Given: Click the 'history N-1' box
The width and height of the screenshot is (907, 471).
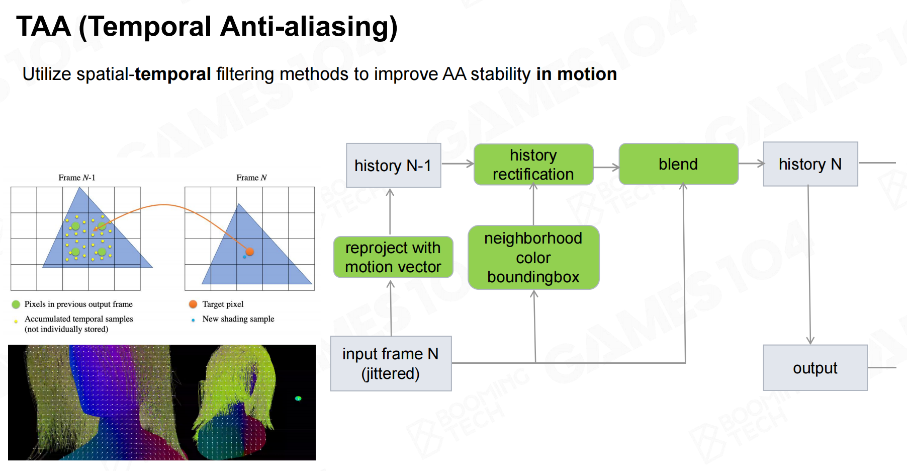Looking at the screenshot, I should click(393, 166).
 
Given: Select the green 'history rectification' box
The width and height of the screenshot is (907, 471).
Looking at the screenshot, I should click(533, 165).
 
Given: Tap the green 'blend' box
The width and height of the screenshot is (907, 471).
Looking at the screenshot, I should click(678, 164).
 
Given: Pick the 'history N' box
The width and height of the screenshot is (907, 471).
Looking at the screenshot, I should click(810, 164).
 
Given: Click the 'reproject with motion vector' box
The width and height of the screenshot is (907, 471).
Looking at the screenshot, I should click(393, 257).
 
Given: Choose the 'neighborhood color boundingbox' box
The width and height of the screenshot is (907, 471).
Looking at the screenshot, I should click(533, 257).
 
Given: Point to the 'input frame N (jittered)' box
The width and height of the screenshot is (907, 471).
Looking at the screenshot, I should click(391, 363).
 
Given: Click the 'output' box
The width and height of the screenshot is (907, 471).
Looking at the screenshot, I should click(815, 368).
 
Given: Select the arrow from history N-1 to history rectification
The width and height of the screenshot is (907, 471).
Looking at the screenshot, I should click(458, 164).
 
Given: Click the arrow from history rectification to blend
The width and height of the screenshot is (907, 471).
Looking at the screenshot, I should click(606, 168).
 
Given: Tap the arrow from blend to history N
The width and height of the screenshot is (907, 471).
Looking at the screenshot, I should click(751, 164).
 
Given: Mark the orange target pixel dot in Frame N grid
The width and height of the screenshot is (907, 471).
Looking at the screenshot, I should click(249, 251).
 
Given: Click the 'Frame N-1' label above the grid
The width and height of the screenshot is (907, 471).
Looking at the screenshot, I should click(76, 178).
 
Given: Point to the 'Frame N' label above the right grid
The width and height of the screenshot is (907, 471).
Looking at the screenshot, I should click(251, 178).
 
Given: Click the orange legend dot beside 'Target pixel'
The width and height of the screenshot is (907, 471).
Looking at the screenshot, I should click(193, 304).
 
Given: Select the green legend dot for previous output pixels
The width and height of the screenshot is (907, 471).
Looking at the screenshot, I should click(16, 304).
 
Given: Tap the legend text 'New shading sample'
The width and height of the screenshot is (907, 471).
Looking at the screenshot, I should click(238, 319).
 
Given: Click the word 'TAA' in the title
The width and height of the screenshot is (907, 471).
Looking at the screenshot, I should click(43, 26).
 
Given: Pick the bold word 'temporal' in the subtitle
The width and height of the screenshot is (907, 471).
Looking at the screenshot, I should click(173, 74).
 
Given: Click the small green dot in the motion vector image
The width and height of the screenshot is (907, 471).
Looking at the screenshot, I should click(298, 399).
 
